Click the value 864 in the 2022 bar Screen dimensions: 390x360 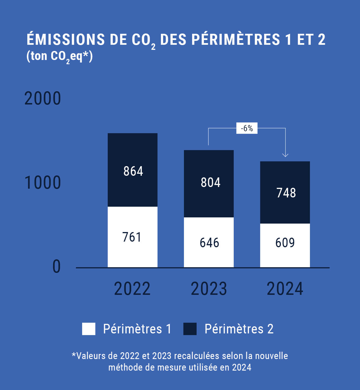[133, 171]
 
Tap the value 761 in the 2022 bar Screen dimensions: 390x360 [132, 237]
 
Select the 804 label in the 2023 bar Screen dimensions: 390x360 [210, 182]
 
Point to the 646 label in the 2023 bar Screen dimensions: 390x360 [209, 243]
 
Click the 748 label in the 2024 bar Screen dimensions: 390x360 [286, 193]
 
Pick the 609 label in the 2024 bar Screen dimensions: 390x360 [285, 243]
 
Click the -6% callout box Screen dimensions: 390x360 [247, 128]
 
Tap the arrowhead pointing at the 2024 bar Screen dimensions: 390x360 [285, 155]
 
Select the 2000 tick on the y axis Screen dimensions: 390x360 [42, 99]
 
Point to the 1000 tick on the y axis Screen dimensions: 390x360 [42, 182]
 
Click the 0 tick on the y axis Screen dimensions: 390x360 [57, 267]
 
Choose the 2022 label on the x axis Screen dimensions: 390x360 [132, 289]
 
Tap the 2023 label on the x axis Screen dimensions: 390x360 [209, 289]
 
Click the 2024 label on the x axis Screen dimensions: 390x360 [285, 289]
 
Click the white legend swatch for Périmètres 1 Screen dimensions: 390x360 [89, 329]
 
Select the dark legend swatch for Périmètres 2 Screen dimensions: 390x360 [190, 329]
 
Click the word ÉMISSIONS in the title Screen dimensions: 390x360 [66, 39]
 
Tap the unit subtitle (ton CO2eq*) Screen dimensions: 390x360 [60, 56]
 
